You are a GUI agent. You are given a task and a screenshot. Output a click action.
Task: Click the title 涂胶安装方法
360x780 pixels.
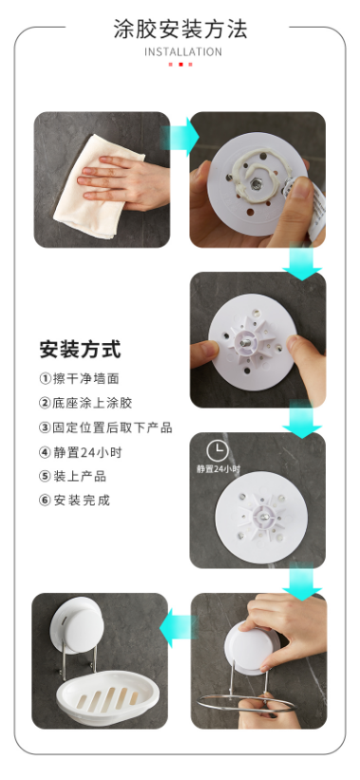pos(180,29)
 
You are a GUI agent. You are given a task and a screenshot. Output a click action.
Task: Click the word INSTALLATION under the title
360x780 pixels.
pos(183,51)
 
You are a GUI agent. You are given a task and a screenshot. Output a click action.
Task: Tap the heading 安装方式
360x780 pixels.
pos(80,350)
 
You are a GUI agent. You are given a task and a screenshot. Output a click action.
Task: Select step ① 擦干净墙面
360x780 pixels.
pos(79,378)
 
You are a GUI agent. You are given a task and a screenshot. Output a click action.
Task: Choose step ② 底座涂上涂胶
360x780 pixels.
pos(85,403)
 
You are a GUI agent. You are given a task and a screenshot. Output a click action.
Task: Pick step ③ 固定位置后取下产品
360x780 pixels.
pos(105,428)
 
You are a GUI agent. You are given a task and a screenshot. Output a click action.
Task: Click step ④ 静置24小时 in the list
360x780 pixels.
pos(80,452)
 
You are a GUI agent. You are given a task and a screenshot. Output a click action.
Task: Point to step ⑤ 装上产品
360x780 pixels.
pos(72,476)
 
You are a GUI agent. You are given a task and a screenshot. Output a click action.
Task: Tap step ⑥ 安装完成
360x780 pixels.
pos(75,500)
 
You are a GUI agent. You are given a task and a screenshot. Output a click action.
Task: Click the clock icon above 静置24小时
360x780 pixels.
pos(218,451)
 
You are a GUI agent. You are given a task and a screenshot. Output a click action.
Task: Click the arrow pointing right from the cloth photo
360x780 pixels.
pos(180,137)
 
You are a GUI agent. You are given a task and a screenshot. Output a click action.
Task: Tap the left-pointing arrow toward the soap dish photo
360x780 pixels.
pos(178,628)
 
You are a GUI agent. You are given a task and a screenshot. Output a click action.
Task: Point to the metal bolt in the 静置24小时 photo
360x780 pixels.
pos(265,516)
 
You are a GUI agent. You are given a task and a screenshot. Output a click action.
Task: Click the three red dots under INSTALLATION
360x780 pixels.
pos(180,65)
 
